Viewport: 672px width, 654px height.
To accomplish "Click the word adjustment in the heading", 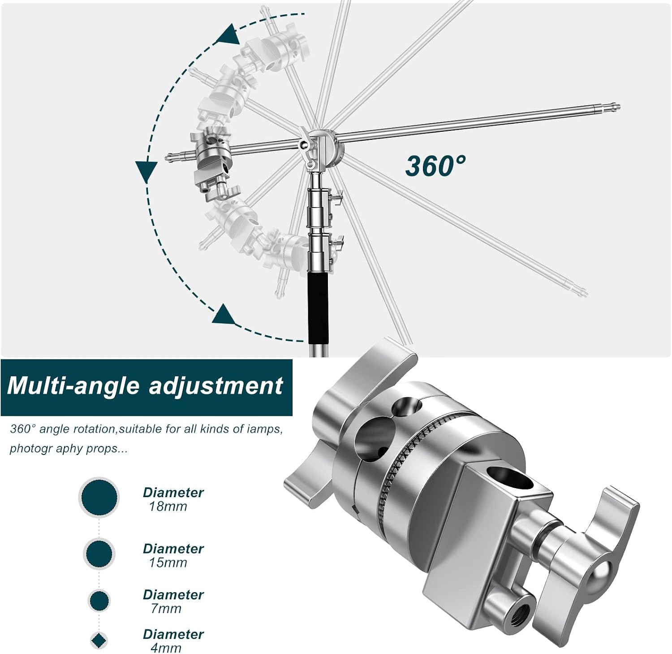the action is click(216, 386).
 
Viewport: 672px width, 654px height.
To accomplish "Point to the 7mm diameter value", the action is click(166, 609).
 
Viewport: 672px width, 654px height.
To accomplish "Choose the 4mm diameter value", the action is click(166, 648).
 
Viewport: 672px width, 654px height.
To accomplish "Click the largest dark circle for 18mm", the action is click(99, 498).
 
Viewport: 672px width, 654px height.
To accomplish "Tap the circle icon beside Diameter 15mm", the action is click(99, 554).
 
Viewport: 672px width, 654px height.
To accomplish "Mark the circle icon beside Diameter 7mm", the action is click(99, 601).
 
